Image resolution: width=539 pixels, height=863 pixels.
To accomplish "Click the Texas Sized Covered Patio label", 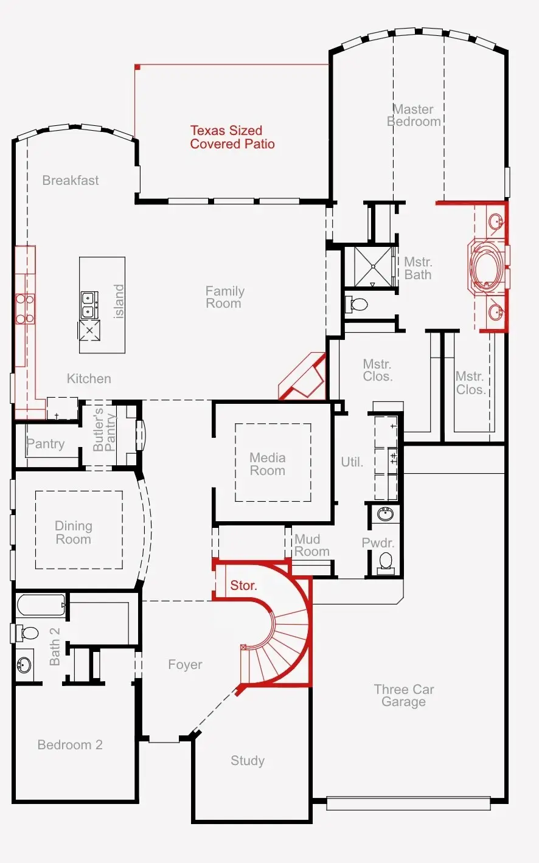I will tap(232, 137).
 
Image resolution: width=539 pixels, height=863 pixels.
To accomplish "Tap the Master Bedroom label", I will tap(414, 116).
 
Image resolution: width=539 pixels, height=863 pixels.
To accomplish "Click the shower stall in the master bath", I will tap(370, 266).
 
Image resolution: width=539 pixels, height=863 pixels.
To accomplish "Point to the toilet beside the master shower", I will tap(358, 303).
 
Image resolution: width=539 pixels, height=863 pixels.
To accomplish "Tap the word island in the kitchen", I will tap(119, 301).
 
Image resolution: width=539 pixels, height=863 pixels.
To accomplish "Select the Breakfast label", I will tap(71, 181).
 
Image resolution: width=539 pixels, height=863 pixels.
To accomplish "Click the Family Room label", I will tap(224, 297).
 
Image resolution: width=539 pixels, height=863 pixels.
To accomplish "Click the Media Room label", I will tap(268, 464).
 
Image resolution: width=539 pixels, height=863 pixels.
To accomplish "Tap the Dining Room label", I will tap(74, 533).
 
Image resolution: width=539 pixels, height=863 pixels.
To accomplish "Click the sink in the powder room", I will tap(385, 515).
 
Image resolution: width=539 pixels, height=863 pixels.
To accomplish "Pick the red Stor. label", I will tap(243, 586).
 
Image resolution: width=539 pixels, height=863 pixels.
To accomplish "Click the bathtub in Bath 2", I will tap(41, 606).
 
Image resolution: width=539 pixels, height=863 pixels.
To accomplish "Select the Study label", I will tap(248, 761).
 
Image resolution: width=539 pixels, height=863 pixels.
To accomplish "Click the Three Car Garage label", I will tap(404, 696).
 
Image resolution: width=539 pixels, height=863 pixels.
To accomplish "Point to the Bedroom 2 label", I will tap(70, 745).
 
